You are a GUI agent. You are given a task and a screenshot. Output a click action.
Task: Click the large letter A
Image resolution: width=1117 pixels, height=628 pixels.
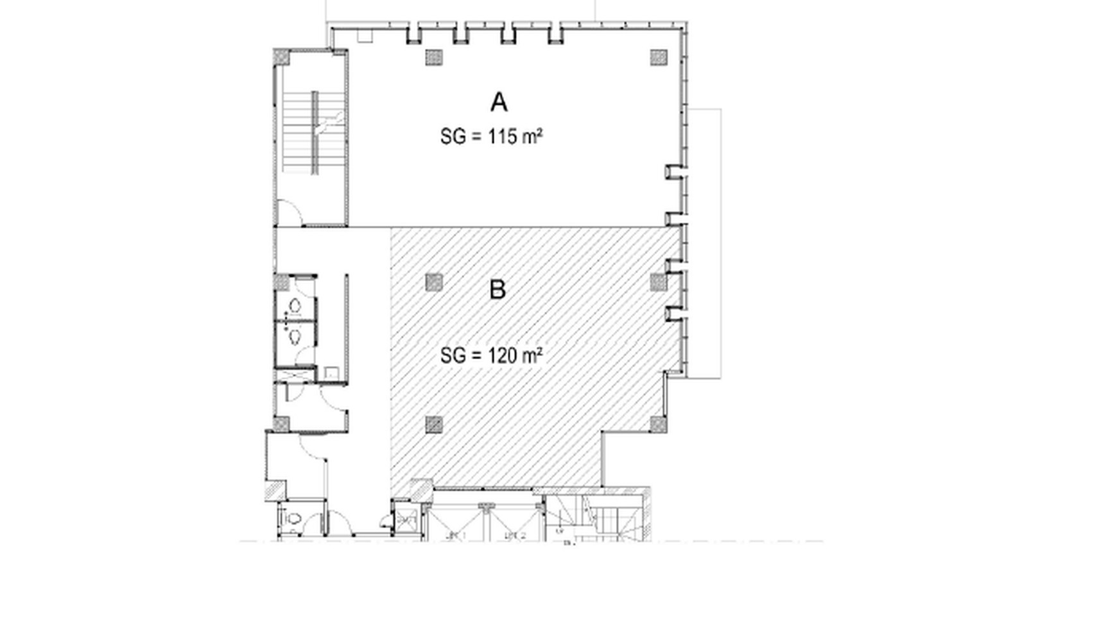(499, 103)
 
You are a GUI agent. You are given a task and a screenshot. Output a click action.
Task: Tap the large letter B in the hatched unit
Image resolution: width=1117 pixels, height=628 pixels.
(498, 290)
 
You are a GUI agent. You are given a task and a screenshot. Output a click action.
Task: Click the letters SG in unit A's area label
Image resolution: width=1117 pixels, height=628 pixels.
(453, 137)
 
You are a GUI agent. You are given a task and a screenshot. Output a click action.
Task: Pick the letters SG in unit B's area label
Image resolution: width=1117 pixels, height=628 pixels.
(453, 355)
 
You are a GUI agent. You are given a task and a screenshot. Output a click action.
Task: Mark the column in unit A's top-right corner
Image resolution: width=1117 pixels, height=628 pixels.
(659, 57)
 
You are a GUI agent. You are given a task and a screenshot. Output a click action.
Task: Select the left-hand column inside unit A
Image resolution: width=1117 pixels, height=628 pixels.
(434, 57)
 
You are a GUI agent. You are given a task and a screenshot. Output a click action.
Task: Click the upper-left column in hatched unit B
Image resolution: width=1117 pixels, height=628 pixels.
(434, 282)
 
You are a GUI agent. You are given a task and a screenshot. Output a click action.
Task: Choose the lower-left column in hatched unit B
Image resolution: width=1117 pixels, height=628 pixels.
(434, 424)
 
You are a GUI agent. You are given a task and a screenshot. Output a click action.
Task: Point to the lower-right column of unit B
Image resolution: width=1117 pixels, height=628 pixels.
(659, 424)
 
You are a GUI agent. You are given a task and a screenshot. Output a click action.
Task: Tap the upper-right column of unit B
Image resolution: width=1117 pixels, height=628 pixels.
(659, 282)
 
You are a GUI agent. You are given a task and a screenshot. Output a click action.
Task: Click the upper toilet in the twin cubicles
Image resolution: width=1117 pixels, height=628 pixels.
(295, 306)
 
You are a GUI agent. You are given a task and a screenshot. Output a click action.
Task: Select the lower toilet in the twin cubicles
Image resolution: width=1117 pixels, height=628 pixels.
(295, 335)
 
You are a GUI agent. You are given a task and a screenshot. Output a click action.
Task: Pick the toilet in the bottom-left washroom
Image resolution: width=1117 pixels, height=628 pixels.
(293, 518)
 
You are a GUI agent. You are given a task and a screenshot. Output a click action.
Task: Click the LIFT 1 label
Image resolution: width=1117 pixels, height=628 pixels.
(456, 535)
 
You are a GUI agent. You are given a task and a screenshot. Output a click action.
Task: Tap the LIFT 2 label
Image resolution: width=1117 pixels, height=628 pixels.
(515, 535)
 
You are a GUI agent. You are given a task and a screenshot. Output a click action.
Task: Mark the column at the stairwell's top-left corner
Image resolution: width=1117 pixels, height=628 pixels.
(282, 56)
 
